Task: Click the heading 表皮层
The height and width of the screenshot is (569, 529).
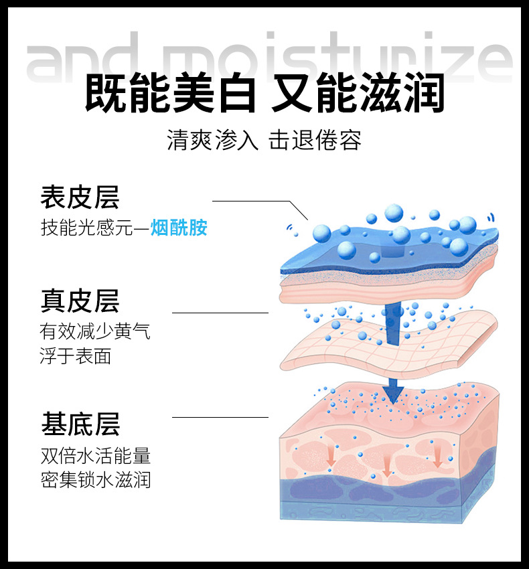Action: [x=80, y=197]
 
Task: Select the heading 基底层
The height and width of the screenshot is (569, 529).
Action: [x=80, y=424]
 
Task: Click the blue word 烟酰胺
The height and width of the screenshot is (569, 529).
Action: [x=179, y=228]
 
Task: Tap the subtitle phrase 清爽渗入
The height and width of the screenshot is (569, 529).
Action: [x=212, y=141]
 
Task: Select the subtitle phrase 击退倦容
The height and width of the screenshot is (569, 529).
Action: [x=315, y=141]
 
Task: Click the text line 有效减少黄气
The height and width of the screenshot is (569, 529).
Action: [x=95, y=331]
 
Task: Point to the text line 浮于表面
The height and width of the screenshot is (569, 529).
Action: [x=75, y=355]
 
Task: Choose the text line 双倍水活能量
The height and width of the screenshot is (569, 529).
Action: [x=95, y=456]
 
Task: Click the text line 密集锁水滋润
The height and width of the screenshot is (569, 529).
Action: [x=95, y=480]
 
